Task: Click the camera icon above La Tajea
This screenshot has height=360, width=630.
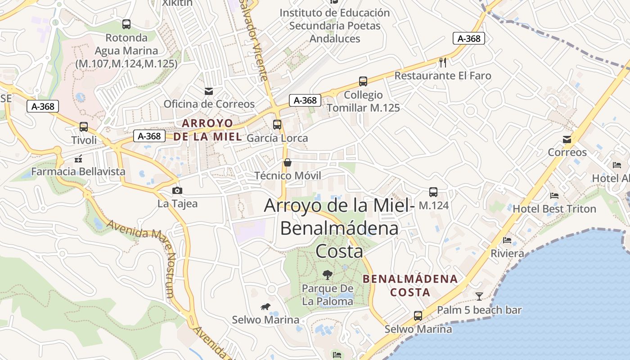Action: (177, 190)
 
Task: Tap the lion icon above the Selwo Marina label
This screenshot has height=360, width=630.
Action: (265, 307)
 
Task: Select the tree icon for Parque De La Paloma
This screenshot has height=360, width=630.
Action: (328, 274)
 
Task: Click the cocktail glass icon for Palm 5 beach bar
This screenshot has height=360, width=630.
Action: (479, 296)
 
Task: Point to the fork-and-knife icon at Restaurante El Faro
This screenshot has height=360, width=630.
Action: (443, 62)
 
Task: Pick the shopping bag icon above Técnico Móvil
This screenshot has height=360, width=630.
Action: (288, 162)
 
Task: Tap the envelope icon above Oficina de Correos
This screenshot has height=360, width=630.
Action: (209, 91)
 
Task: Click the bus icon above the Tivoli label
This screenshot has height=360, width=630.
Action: (84, 127)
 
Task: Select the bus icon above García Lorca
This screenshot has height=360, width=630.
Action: (277, 125)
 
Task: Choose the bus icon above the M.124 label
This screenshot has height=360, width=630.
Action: (433, 192)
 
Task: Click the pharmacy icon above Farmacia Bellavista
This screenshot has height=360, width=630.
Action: (78, 158)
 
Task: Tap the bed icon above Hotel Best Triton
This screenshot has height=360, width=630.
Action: (554, 196)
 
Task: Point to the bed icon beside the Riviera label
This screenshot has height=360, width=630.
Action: (507, 240)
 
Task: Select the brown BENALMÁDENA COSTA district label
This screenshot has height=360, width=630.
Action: (410, 285)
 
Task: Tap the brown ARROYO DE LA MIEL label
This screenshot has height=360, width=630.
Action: (207, 130)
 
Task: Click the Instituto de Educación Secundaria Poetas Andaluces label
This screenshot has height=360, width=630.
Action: (335, 26)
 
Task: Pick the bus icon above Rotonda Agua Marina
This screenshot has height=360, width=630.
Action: (126, 24)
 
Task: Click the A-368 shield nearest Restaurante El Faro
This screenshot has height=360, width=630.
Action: (469, 39)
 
